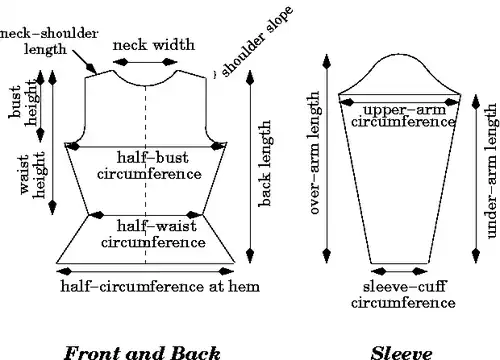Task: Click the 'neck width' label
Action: point(154,45)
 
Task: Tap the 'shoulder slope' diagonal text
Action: point(257,41)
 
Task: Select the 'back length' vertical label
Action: point(265,163)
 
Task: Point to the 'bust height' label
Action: point(23,103)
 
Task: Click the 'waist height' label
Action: point(32,175)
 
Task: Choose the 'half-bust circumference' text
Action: point(149,165)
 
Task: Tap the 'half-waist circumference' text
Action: point(153,234)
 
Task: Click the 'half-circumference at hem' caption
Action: point(160,286)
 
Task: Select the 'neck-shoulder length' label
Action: point(49,41)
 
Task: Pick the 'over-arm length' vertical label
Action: point(314,153)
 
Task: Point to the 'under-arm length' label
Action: point(492,171)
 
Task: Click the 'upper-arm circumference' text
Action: point(403,115)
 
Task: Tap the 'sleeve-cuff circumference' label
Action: point(403,294)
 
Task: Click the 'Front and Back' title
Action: point(142,353)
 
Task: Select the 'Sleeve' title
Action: point(402,353)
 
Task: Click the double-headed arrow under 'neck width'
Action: point(145,62)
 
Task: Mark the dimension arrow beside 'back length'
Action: point(250,167)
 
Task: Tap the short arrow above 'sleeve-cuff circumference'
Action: point(399,271)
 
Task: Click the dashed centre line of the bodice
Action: point(145,174)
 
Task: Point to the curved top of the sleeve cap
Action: point(400,54)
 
